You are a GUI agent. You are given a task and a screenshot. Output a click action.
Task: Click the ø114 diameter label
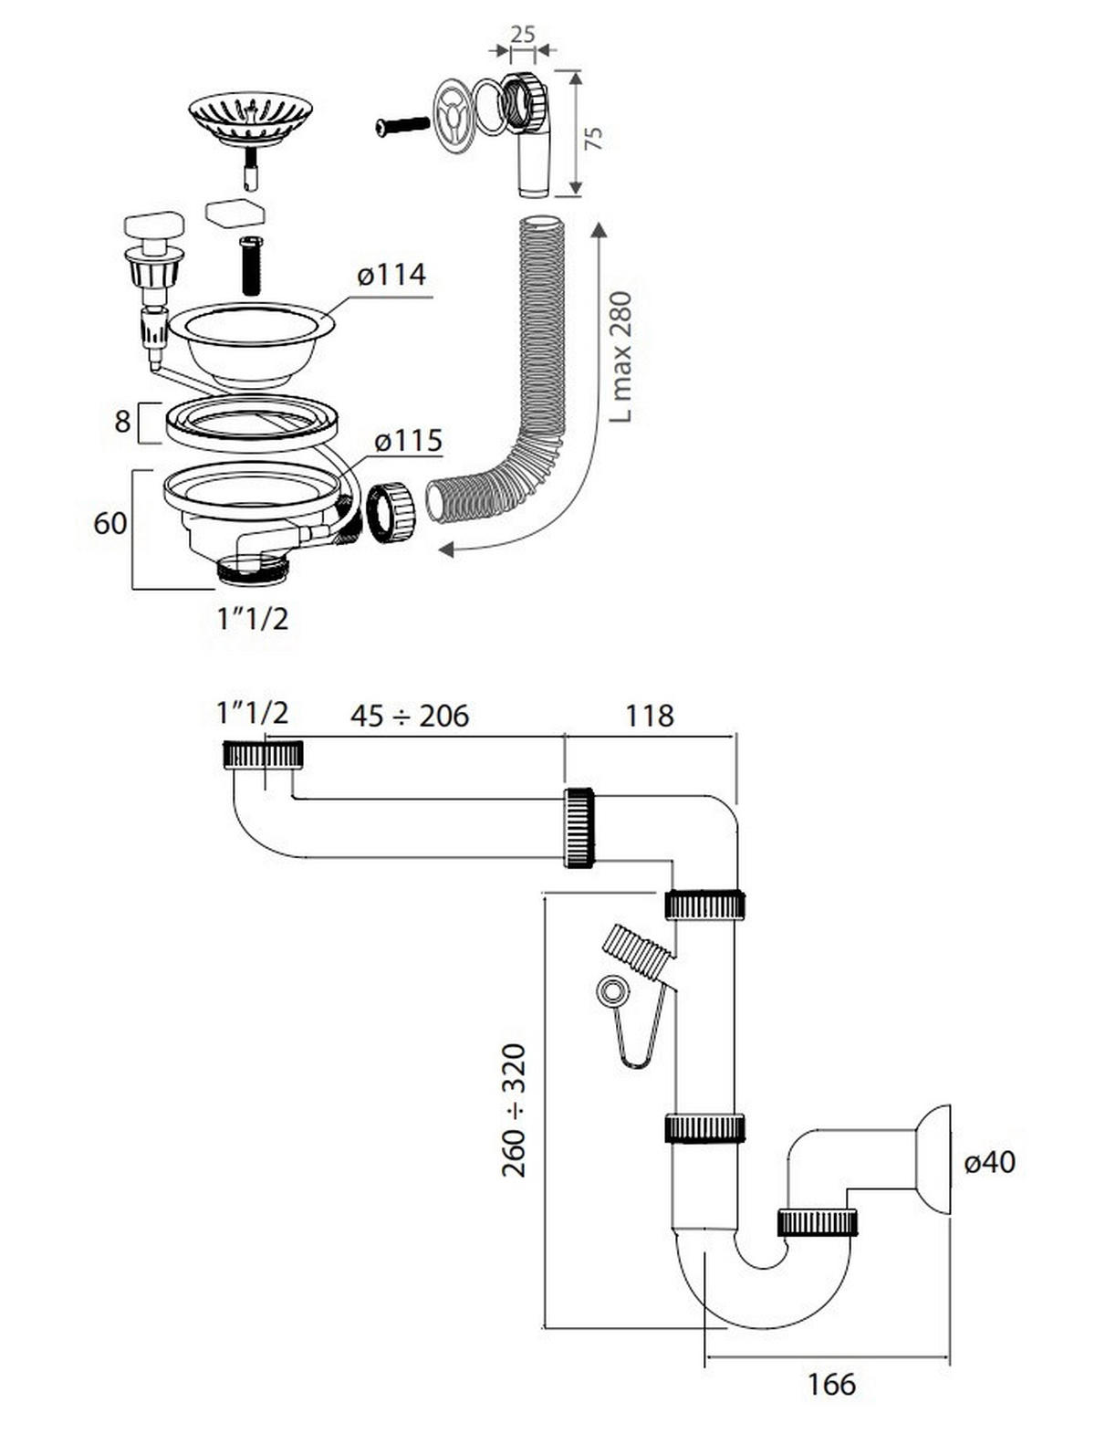[x=391, y=274]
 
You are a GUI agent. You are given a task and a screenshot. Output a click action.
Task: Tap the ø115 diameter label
[x=408, y=441]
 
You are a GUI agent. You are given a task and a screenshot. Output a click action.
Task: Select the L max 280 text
[x=620, y=356]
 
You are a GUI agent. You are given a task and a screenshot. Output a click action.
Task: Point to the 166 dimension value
[x=831, y=1384]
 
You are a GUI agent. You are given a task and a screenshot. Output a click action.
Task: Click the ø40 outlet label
[x=989, y=1162]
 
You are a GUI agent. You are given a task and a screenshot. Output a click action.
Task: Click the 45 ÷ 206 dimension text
[x=409, y=716]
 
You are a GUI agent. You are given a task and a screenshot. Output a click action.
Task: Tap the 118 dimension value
[x=649, y=716]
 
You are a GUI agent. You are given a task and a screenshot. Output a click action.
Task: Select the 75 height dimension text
[x=594, y=139]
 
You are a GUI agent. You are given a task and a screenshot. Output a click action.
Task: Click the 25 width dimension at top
[x=522, y=35]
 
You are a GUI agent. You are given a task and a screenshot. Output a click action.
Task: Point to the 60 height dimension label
[x=110, y=523]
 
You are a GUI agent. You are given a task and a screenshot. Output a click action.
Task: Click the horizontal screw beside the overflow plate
[x=401, y=125]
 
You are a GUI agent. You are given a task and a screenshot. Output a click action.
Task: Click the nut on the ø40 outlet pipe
[x=817, y=1221]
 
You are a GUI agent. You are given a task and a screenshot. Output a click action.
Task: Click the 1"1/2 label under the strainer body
[x=253, y=619]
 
